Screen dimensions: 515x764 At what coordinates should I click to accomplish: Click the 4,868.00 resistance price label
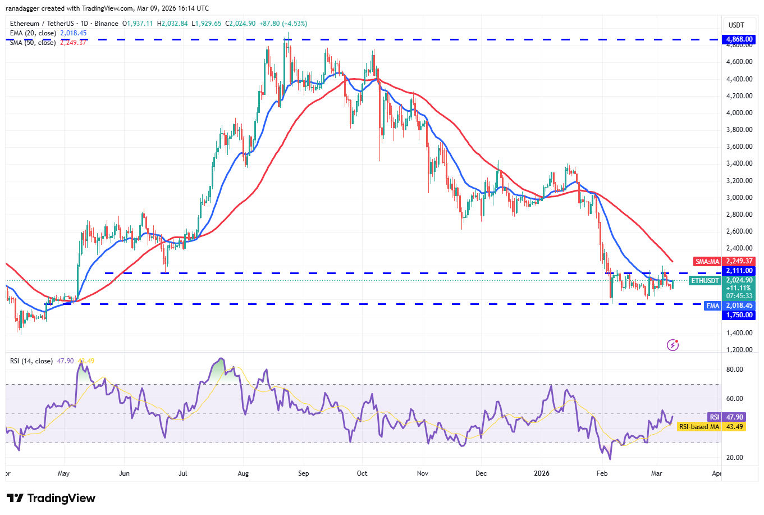click(739, 39)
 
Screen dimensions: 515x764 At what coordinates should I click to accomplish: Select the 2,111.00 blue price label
click(739, 271)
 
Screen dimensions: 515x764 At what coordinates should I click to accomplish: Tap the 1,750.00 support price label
click(739, 315)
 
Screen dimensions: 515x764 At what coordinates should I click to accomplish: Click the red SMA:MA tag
click(707, 262)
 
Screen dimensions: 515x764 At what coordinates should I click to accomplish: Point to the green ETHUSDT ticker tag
click(704, 280)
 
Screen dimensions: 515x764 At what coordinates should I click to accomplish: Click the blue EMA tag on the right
click(712, 306)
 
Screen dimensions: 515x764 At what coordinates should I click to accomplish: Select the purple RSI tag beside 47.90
click(714, 417)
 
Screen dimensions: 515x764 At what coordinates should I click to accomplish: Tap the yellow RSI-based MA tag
click(699, 427)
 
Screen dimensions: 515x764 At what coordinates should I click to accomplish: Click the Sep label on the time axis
click(304, 473)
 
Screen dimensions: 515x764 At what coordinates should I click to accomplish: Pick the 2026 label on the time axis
click(542, 473)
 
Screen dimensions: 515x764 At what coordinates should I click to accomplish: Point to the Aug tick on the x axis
click(243, 473)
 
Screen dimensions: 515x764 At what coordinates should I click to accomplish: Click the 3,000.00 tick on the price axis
click(739, 198)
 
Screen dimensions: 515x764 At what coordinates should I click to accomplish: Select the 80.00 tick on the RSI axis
click(734, 370)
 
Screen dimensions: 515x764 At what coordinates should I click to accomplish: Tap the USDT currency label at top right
click(736, 25)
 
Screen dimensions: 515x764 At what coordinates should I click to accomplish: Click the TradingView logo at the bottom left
click(51, 498)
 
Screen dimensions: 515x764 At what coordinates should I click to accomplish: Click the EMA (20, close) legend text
click(33, 33)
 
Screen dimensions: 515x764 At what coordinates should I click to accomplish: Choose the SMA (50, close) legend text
click(33, 43)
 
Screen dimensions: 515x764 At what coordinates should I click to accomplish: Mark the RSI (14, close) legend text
click(31, 361)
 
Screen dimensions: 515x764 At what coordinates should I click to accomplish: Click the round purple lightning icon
click(672, 345)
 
